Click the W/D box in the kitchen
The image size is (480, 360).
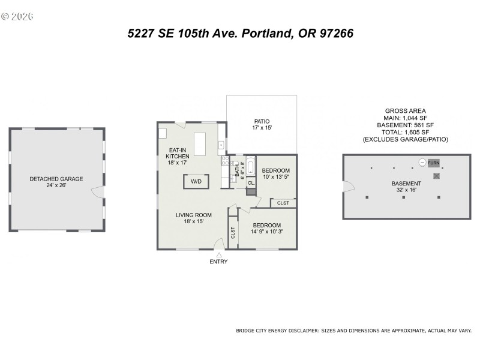(196, 181)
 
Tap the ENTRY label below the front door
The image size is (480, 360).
(218, 262)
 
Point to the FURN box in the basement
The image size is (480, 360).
(434, 163)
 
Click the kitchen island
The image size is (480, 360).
(199, 145)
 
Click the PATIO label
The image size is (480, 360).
(262, 121)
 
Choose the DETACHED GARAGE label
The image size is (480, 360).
(56, 179)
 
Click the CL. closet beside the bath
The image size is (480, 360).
(251, 183)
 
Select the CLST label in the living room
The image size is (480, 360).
(233, 233)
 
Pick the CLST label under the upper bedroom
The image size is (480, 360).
(283, 203)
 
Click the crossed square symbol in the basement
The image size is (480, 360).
(437, 176)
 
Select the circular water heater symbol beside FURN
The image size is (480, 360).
(422, 163)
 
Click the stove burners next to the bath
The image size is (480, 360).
(226, 161)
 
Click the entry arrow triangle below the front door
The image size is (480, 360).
(218, 255)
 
